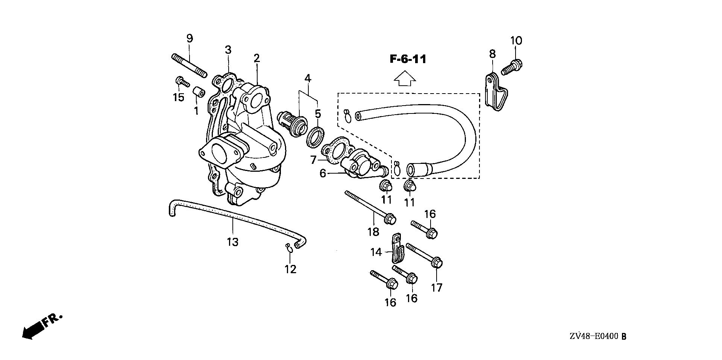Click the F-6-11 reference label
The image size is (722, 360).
[x=408, y=59]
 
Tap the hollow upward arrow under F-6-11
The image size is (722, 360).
[x=405, y=79]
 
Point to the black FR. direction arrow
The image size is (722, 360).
[x=33, y=330]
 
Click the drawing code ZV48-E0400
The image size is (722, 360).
[x=594, y=337]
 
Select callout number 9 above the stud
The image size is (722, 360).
[x=190, y=38]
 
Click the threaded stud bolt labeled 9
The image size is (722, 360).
[x=189, y=66]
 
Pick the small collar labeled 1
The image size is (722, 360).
[x=199, y=92]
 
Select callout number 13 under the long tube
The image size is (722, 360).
[x=233, y=242]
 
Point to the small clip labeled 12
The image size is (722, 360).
[x=289, y=247]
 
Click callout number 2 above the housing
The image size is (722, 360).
[x=256, y=58]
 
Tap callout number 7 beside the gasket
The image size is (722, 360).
[x=314, y=160]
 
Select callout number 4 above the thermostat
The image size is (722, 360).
[x=308, y=79]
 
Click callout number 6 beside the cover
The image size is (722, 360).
[x=323, y=174]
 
